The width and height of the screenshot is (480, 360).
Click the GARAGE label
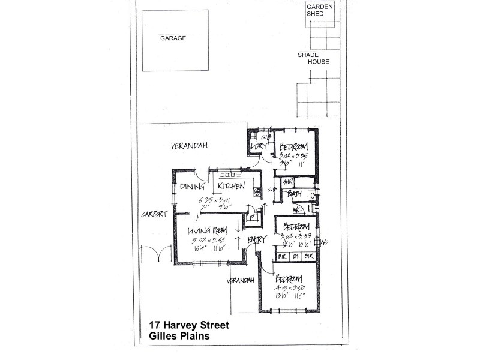173,38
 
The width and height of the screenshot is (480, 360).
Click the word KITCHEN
231,187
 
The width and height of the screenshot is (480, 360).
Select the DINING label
192,187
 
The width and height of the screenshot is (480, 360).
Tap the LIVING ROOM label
206,231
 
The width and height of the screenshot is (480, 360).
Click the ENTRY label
256,240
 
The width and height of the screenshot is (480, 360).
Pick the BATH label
294,194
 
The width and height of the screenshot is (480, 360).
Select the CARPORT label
152,215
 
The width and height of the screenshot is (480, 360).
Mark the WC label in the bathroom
296,208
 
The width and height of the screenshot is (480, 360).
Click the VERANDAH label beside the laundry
185,146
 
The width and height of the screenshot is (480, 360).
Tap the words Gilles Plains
179,337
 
